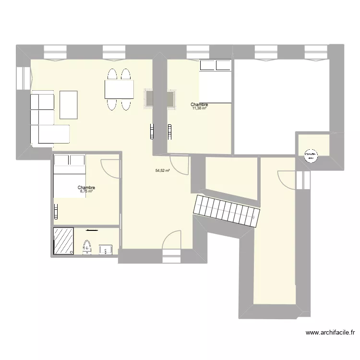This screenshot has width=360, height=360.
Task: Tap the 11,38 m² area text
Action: pos(199,108)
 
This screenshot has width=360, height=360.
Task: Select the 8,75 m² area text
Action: pos(86,192)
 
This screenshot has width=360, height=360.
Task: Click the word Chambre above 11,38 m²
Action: pos(199,104)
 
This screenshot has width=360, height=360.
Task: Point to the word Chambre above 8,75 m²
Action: pos(86,188)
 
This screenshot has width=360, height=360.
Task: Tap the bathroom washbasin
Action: pos(106,249)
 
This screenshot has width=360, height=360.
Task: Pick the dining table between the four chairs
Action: pos(119,89)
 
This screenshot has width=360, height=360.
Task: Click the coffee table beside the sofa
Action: pos(69,104)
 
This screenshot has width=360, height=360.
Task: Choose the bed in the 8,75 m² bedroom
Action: pos(70,176)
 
